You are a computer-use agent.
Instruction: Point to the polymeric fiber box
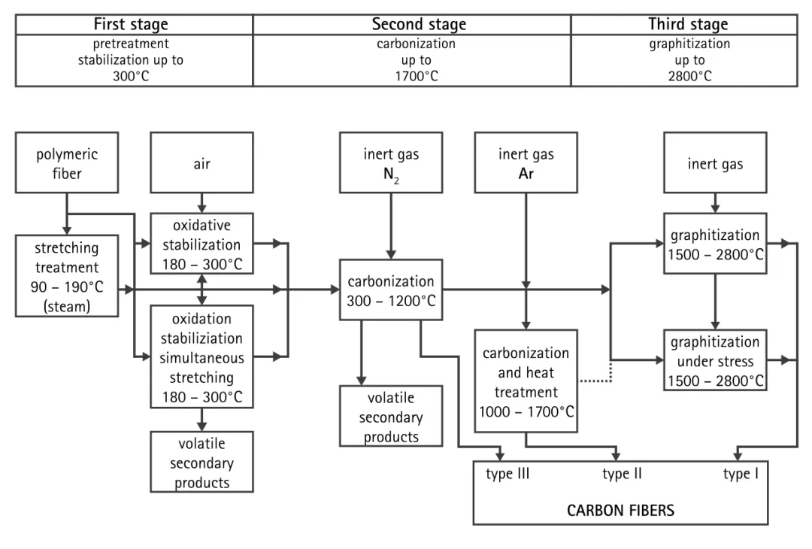click(x=66, y=162)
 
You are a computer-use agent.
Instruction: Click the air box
click(x=202, y=162)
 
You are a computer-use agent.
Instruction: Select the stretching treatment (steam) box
click(x=66, y=275)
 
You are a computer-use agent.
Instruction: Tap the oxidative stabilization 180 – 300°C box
click(x=202, y=244)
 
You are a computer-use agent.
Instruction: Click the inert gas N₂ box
click(x=390, y=162)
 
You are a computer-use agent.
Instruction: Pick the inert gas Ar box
click(x=526, y=162)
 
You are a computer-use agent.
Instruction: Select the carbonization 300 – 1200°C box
click(x=390, y=290)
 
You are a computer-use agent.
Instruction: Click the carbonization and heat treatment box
click(x=526, y=381)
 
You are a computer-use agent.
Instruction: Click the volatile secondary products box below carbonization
click(x=390, y=417)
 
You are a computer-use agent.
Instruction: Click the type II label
click(x=622, y=475)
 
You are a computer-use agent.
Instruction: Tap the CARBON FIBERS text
click(x=620, y=511)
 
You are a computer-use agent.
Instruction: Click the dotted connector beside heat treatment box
click(x=598, y=381)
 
